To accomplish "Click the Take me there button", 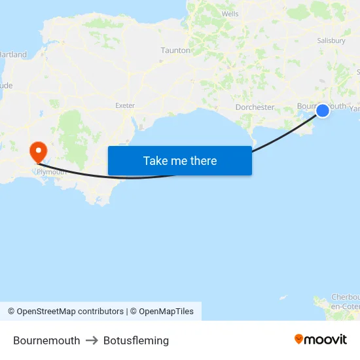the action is [x=179, y=161].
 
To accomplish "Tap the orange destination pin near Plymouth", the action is [x=39, y=151].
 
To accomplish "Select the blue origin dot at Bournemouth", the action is [x=323, y=111].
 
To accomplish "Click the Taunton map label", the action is [x=175, y=50].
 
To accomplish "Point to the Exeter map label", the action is [x=124, y=105].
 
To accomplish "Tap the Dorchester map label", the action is [x=255, y=107].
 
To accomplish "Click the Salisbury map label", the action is [x=331, y=41].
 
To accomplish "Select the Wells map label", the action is [x=230, y=13].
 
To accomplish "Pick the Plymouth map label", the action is [x=52, y=172].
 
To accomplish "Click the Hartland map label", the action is [x=14, y=54].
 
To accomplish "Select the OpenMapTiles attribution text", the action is [x=166, y=312].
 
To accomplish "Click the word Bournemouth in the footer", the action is [x=46, y=340].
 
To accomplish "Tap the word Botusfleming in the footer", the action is [x=136, y=340].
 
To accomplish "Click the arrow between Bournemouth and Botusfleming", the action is [x=92, y=340].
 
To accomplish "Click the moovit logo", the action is [x=321, y=339].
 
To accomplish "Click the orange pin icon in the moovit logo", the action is [x=299, y=339].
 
